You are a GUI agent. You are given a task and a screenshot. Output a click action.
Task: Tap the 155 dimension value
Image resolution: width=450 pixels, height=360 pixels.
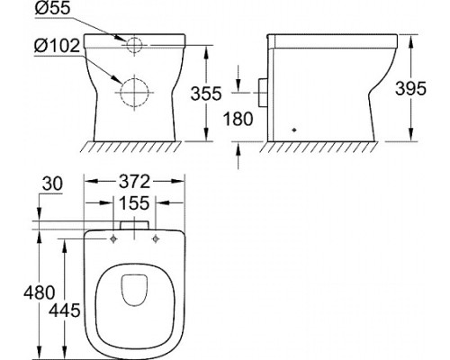pyautogui.click(x=134, y=205)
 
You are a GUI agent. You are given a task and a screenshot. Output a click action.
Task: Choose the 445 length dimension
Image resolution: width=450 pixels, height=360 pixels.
pyautogui.click(x=68, y=310)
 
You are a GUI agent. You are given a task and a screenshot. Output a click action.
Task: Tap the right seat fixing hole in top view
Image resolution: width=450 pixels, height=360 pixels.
pyautogui.click(x=157, y=238)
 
